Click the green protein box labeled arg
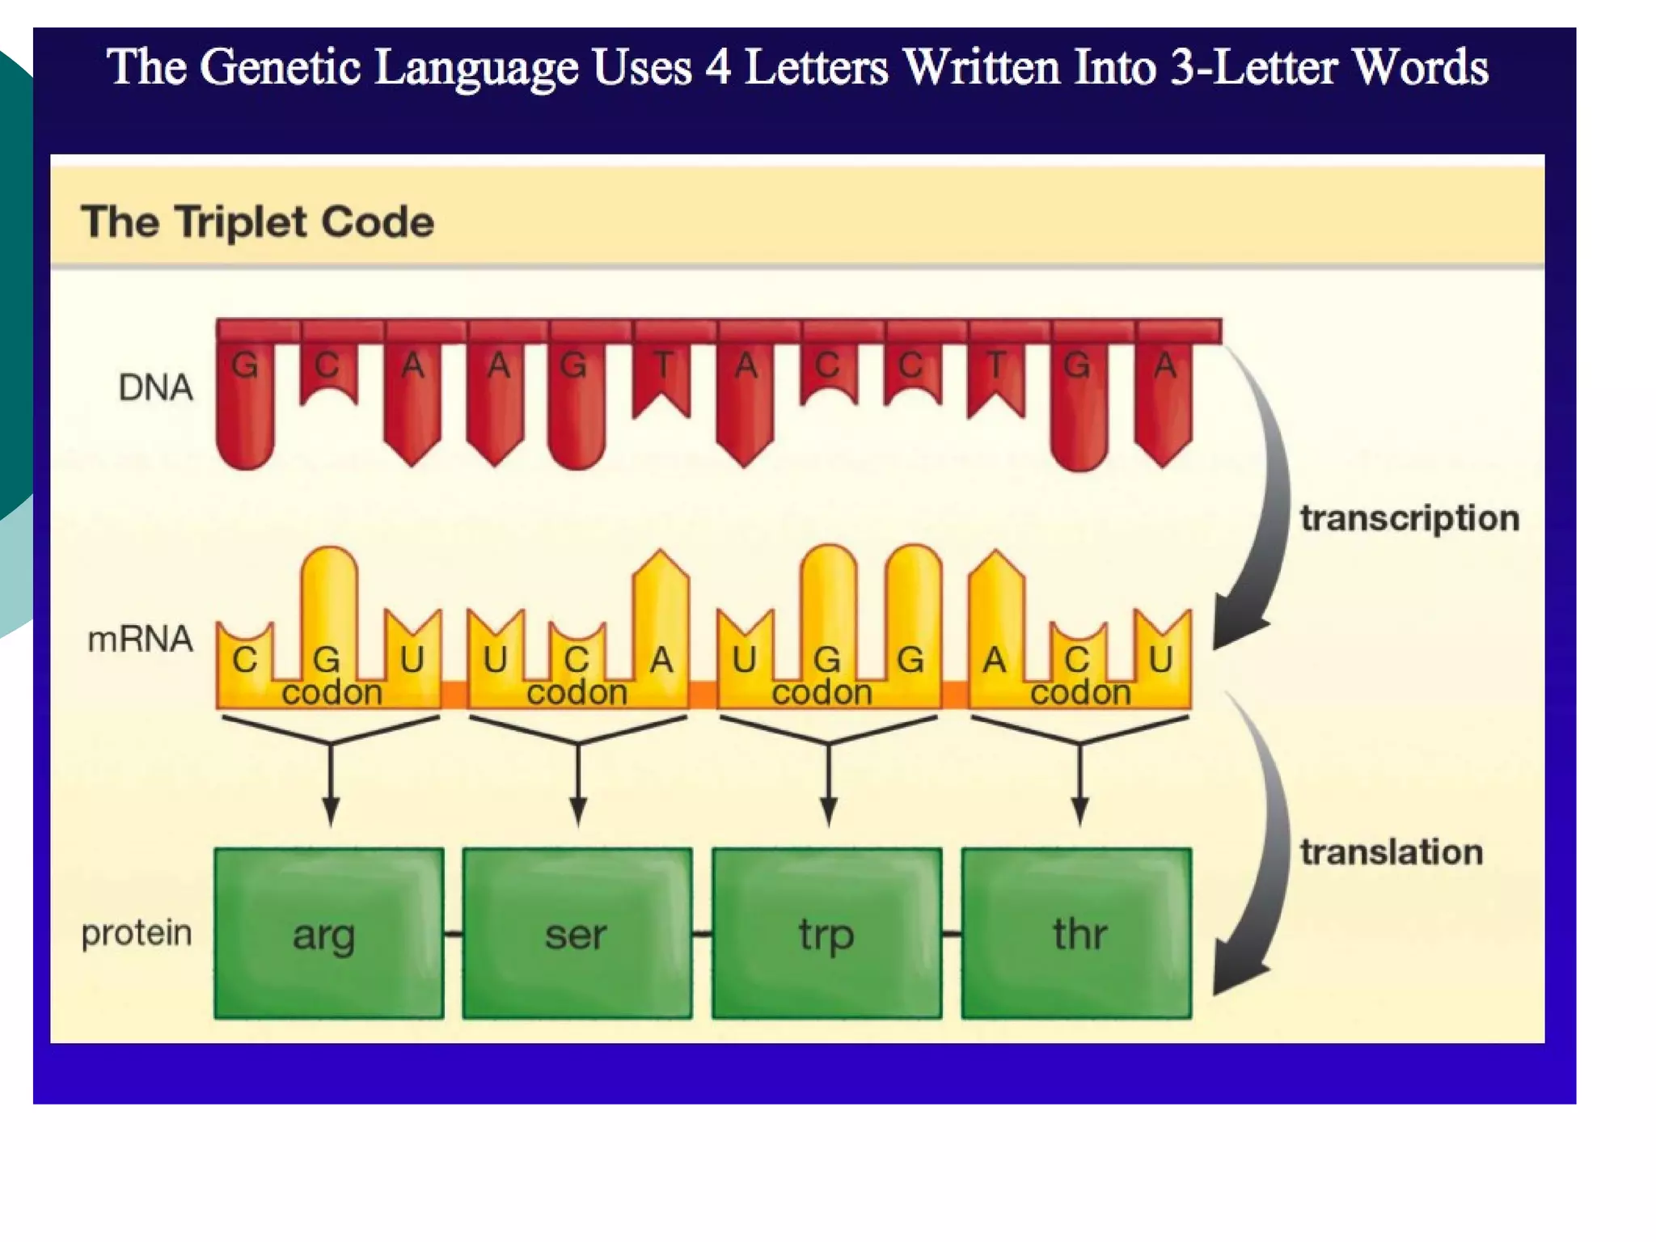click(x=328, y=933)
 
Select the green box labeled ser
click(x=577, y=933)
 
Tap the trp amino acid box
click(x=826, y=933)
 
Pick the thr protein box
click(x=1076, y=933)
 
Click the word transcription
click(x=1409, y=518)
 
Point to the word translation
click(x=1392, y=852)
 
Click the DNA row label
click(x=155, y=387)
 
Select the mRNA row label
click(x=140, y=639)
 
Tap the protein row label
click(x=137, y=933)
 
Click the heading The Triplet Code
click(x=257, y=222)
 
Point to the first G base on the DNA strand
click(x=245, y=366)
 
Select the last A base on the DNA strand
click(x=1164, y=366)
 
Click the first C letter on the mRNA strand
click(x=244, y=660)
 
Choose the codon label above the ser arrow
click(x=577, y=693)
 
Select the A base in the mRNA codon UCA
click(x=661, y=660)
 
